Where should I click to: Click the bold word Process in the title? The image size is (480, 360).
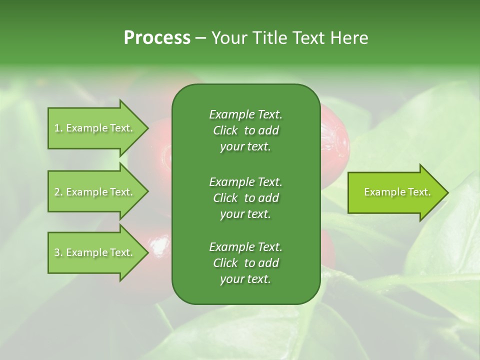pyautogui.click(x=157, y=38)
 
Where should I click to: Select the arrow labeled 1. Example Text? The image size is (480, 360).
pyautogui.click(x=95, y=128)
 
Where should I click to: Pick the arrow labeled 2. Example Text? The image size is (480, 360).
pyautogui.click(x=95, y=192)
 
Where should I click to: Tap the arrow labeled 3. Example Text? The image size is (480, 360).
pyautogui.click(x=95, y=252)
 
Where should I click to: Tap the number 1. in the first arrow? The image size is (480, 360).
pyautogui.click(x=58, y=128)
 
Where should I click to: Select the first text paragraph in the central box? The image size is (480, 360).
pyautogui.click(x=245, y=130)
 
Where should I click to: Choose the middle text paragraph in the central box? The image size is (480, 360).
pyautogui.click(x=245, y=197)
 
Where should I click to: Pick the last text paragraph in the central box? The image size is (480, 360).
pyautogui.click(x=245, y=263)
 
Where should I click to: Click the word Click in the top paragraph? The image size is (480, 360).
pyautogui.click(x=225, y=130)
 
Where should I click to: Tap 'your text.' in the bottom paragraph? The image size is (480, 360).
pyautogui.click(x=245, y=279)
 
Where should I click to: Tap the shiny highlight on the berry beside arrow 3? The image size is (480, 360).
pyautogui.click(x=159, y=244)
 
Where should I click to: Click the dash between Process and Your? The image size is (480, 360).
pyautogui.click(x=201, y=38)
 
